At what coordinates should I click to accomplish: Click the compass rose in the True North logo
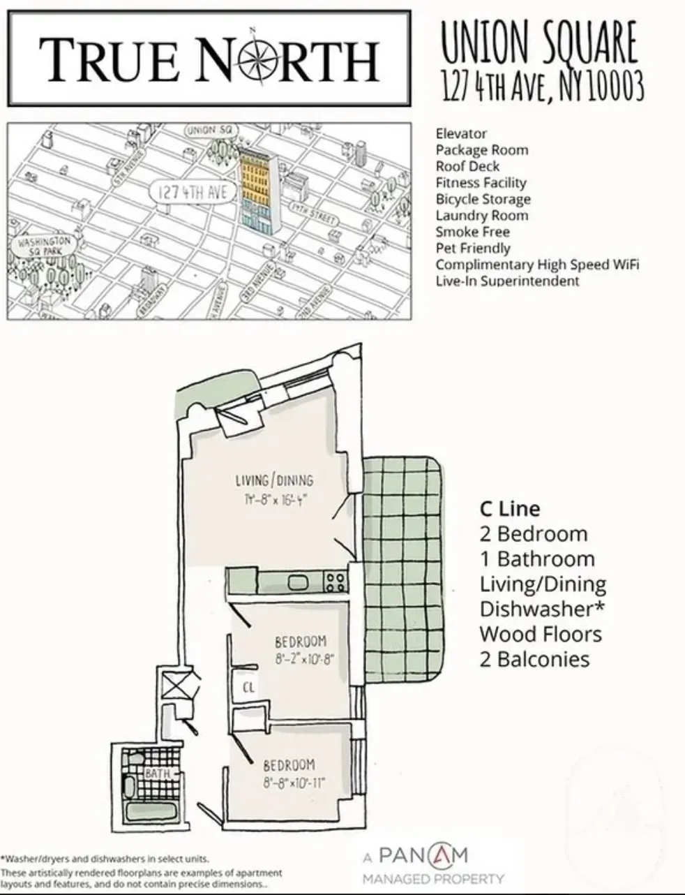(253, 57)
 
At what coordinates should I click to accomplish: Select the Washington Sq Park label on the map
(45, 245)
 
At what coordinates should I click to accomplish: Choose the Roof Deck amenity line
(467, 166)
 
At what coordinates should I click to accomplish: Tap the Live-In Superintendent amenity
(507, 281)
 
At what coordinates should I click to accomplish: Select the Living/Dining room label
(274, 480)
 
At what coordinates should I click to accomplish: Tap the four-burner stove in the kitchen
(336, 581)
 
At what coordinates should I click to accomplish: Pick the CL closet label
(249, 687)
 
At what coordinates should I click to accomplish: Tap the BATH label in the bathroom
(158, 774)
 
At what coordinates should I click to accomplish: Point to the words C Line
(509, 509)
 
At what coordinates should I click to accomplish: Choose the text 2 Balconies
(534, 659)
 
